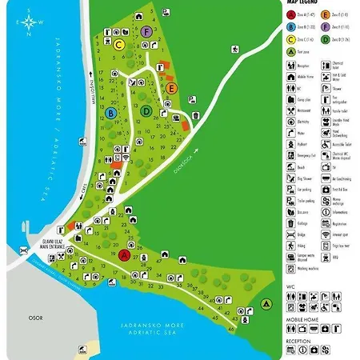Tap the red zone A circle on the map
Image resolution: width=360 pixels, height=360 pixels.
tap(125, 255)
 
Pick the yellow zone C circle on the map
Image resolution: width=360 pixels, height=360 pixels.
tap(118, 45)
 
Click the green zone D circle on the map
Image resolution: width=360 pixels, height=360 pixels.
tap(147, 110)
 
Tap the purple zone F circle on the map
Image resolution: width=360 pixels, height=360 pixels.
tap(147, 31)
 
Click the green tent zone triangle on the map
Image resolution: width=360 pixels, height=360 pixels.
tap(266, 304)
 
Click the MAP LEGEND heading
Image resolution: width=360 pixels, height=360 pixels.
tap(306, 4)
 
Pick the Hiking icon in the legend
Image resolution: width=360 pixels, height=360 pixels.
tap(292, 249)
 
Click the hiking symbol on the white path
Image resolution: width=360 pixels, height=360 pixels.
tap(234, 50)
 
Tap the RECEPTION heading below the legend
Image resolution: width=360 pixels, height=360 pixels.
tap(299, 339)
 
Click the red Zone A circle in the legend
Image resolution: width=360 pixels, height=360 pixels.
tap(292, 14)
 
